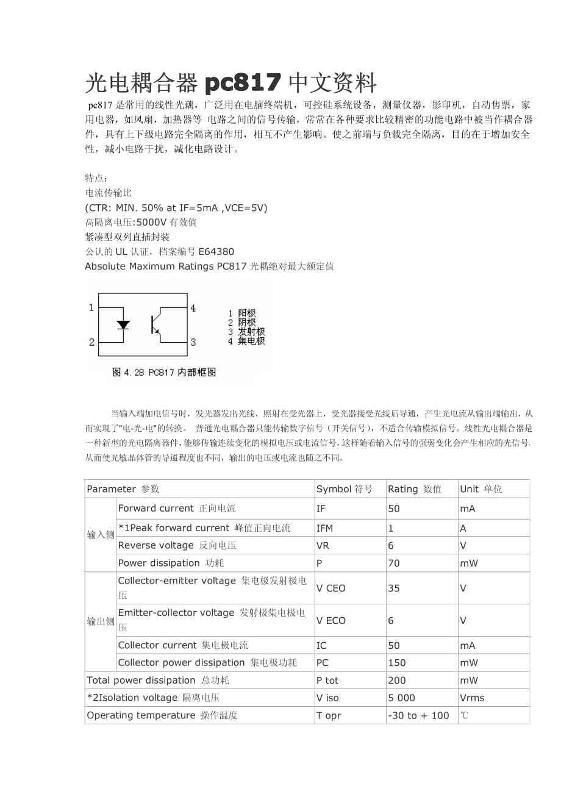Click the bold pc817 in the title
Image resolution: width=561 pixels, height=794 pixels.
coord(243,82)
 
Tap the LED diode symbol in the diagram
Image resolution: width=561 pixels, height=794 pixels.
coord(123,324)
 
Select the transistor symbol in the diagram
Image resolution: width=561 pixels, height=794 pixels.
coord(155,324)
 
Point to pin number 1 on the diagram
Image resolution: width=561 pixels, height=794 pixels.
coord(91,308)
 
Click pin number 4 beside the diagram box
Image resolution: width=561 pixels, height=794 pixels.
coord(193,308)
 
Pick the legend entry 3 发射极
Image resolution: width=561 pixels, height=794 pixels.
coord(246,332)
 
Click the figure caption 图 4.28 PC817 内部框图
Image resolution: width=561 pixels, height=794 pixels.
coord(164,372)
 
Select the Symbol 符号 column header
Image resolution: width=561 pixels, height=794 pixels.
coord(344,489)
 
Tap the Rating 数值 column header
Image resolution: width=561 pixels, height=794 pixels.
coord(415,489)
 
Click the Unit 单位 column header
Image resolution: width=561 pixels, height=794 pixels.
coord(481,489)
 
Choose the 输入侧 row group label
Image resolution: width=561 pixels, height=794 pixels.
coord(100,535)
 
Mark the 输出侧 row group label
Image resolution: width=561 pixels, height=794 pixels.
coord(100,621)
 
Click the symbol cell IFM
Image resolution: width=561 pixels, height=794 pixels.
coord(325,528)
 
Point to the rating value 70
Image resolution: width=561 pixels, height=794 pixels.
coord(394,563)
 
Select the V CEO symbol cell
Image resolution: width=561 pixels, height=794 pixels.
coord(331,588)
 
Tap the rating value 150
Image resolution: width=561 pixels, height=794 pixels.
coord(396,663)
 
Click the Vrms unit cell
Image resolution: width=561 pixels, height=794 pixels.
coord(472,698)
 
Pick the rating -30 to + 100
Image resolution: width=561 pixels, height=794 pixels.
coord(418,716)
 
